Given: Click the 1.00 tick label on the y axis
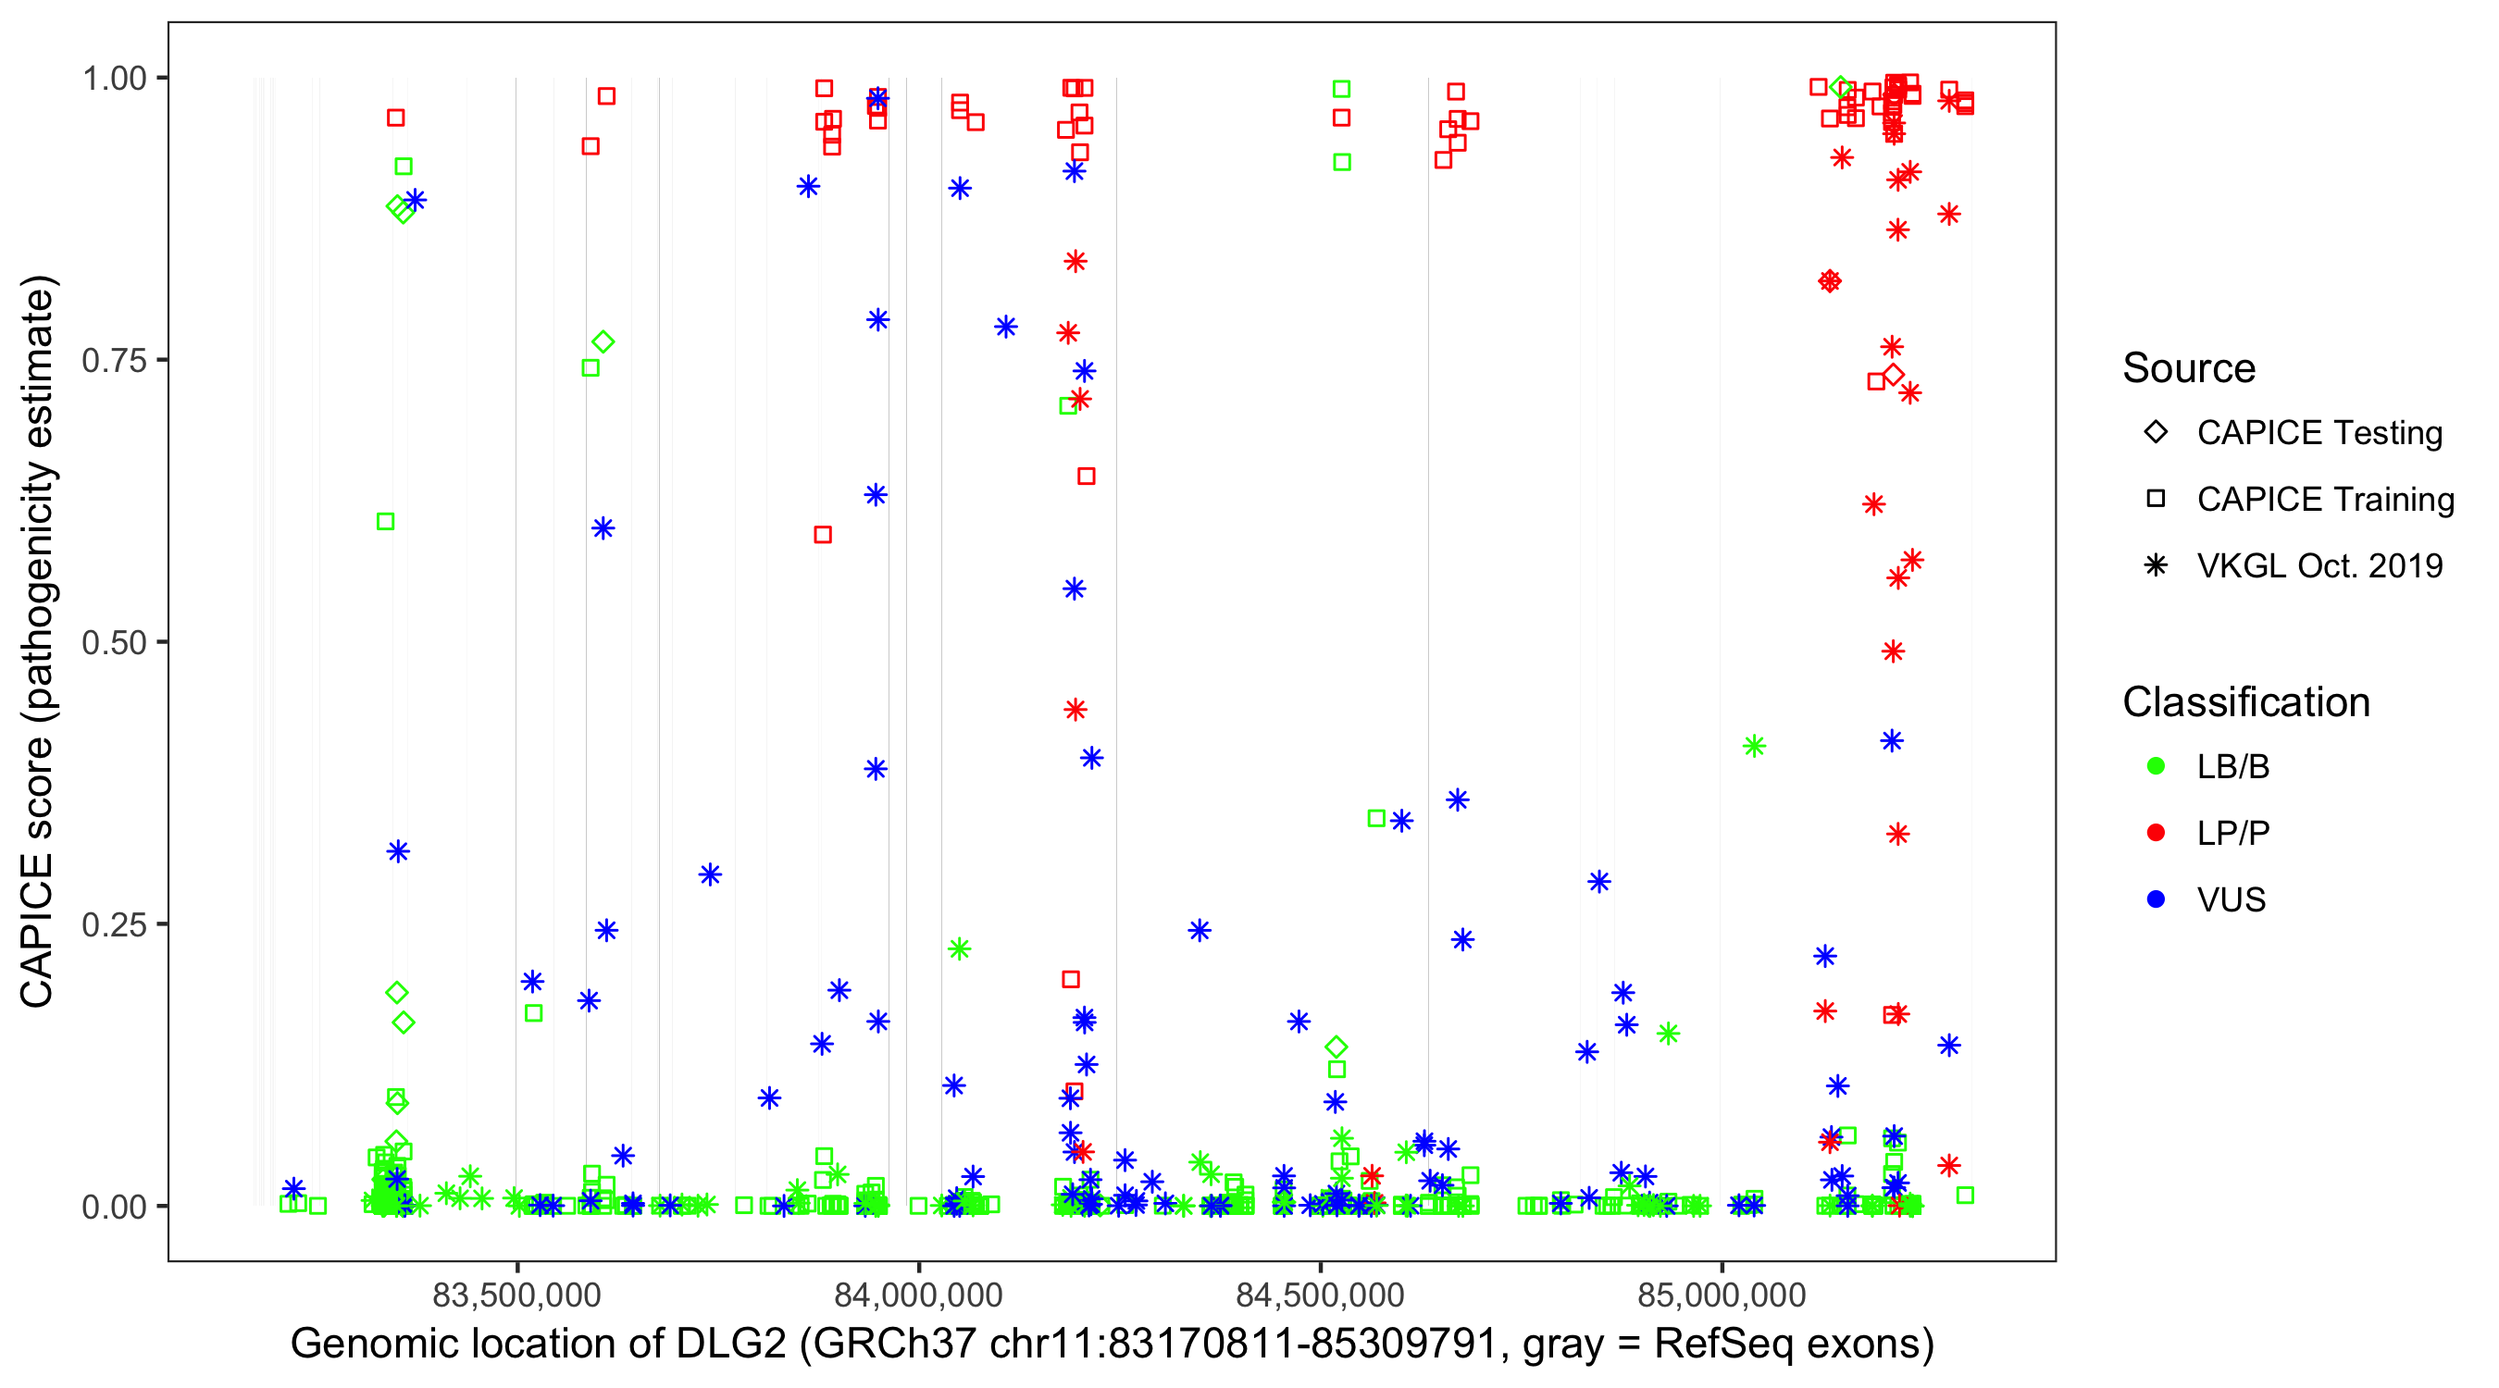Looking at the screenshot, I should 114,78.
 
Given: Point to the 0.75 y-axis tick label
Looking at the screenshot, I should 114,360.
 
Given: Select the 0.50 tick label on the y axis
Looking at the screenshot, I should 114,642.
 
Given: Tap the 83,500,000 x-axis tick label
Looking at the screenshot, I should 516,1295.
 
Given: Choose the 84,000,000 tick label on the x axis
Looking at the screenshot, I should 918,1295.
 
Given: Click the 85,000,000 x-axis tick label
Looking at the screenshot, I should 1721,1295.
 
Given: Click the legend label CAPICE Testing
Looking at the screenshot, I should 2319,433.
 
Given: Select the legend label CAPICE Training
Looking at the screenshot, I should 2325,500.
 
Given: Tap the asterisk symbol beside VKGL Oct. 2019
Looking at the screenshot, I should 2156,565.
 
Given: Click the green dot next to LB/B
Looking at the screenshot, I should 2156,766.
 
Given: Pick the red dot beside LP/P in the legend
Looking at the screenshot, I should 2156,833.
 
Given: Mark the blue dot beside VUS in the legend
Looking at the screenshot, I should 2156,899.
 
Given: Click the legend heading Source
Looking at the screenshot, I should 2189,368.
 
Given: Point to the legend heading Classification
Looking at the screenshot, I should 2245,702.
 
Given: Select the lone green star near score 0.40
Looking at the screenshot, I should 1754,746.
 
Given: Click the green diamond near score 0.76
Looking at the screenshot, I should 603,342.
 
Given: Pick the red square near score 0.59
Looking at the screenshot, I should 823,535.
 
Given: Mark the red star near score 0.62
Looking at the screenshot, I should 1873,504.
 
